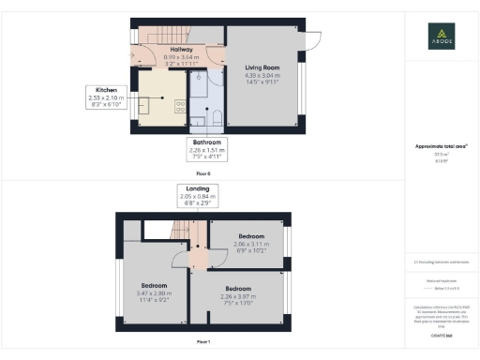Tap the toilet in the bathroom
[x=215, y=117]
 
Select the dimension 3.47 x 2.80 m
[x=154, y=292]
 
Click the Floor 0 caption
[x=203, y=174]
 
